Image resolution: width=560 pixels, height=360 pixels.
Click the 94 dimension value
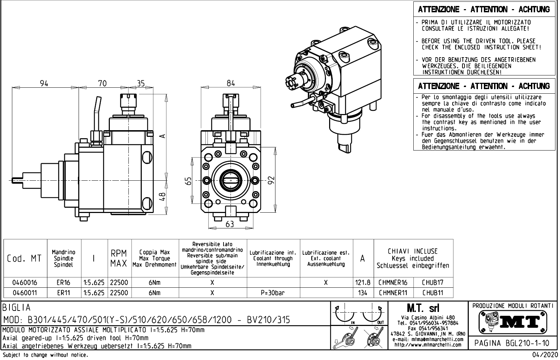pyautogui.click(x=44, y=84)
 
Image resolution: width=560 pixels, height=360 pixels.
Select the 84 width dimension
pyautogui.click(x=231, y=83)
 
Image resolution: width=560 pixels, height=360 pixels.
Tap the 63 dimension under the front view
pyautogui.click(x=229, y=224)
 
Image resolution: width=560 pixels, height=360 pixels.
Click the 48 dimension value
pyautogui.click(x=162, y=197)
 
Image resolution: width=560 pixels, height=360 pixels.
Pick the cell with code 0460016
pyautogui.click(x=25, y=282)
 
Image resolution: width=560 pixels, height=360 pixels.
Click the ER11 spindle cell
pyautogui.click(x=64, y=293)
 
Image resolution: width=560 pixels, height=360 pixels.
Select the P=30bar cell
pyautogui.click(x=273, y=293)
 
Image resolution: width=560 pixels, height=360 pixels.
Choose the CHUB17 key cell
pyautogui.click(x=433, y=282)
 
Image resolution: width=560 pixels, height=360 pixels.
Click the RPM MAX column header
pyautogui.click(x=119, y=259)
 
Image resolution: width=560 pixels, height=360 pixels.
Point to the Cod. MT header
pyautogui.click(x=25, y=259)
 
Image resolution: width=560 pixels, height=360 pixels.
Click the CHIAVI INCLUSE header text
pyautogui.click(x=413, y=252)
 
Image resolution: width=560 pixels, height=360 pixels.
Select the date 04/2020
pyautogui.click(x=544, y=355)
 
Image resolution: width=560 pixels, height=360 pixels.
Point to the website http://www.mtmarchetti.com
pyautogui.click(x=428, y=345)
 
